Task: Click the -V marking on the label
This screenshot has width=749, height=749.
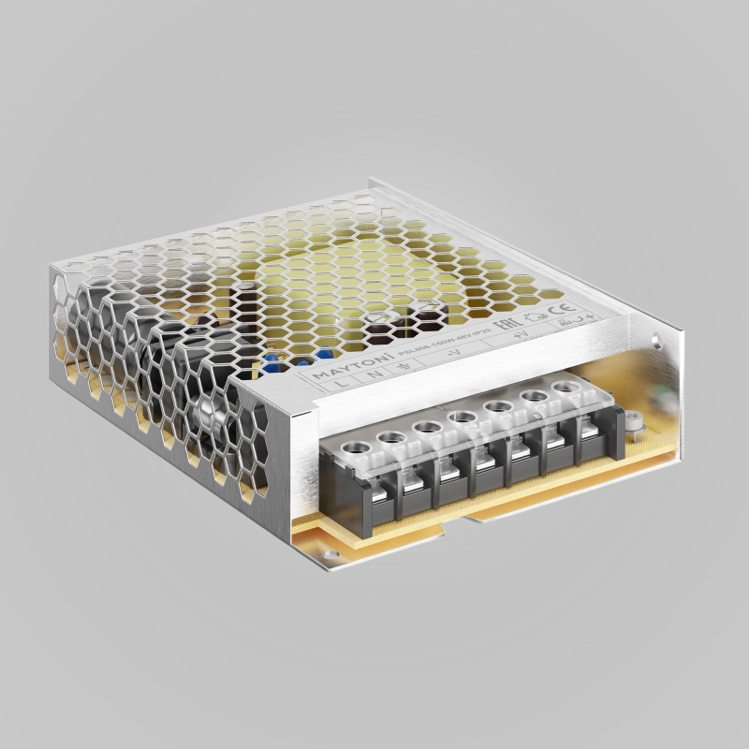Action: click(x=455, y=354)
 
